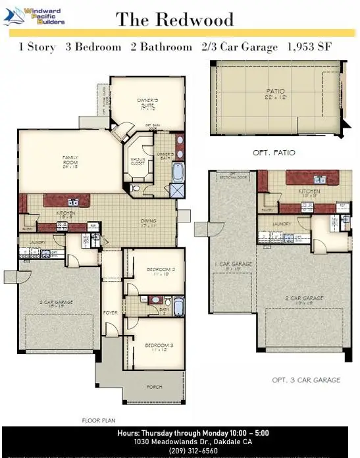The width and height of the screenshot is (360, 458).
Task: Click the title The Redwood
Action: click(x=174, y=20)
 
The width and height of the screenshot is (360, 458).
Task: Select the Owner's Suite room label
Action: click(x=148, y=103)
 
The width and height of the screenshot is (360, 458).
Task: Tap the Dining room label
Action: click(x=148, y=223)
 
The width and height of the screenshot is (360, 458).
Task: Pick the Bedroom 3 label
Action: click(x=159, y=347)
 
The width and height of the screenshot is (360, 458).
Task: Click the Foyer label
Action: click(x=110, y=313)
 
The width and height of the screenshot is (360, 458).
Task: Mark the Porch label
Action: click(x=155, y=387)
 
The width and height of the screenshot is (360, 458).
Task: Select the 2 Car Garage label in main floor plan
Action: click(x=55, y=304)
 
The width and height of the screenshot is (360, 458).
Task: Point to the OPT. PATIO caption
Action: click(x=274, y=153)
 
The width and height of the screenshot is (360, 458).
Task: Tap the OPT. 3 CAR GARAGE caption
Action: click(x=306, y=380)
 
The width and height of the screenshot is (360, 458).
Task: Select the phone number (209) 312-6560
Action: click(x=180, y=451)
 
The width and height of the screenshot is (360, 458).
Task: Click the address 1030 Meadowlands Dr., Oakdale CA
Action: click(x=180, y=442)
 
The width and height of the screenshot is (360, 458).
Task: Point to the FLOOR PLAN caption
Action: click(x=98, y=419)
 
